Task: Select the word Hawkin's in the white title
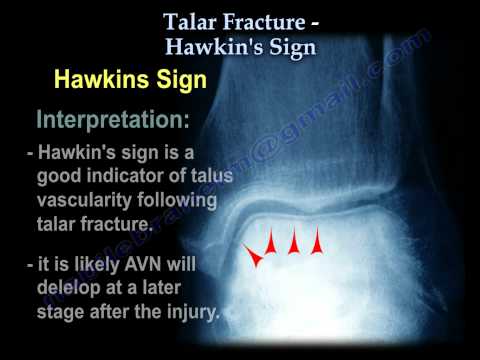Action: [211, 45]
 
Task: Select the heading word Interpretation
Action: [113, 122]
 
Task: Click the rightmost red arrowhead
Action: [317, 242]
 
